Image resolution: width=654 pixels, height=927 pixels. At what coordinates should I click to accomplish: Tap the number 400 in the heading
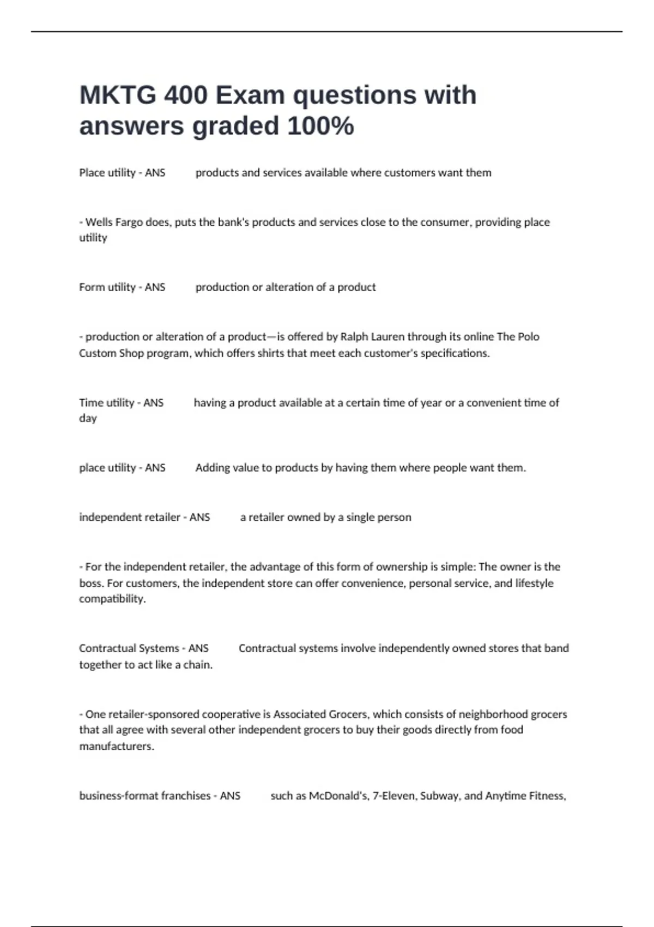(185, 95)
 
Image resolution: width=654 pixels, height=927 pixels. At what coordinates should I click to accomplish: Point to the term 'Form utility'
(107, 287)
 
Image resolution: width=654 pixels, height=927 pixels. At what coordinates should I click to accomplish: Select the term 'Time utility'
(106, 402)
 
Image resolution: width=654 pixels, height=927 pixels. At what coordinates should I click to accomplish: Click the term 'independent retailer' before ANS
(129, 517)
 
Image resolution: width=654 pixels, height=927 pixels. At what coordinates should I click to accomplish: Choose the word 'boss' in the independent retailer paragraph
(91, 583)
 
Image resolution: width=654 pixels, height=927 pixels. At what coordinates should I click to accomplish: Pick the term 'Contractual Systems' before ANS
(129, 648)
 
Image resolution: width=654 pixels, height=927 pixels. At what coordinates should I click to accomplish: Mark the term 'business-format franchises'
(144, 796)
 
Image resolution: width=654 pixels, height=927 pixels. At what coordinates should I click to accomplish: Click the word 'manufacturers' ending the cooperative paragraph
(116, 746)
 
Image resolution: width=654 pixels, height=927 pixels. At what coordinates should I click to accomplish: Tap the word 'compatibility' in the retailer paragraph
(112, 599)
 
